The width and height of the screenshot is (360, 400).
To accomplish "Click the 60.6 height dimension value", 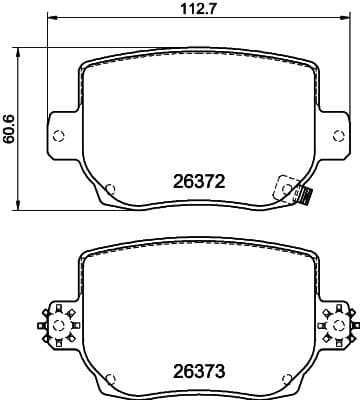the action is (x=9, y=129).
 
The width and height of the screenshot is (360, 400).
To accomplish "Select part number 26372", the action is (x=199, y=182).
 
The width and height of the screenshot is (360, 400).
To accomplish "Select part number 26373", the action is (x=199, y=371).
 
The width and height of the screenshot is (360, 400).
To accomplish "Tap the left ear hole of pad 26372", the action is (x=59, y=136).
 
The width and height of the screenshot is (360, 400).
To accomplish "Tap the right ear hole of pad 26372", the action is (x=339, y=136).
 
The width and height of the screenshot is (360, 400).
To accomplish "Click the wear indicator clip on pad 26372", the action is (x=293, y=191).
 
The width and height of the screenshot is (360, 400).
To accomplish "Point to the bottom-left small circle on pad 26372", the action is (x=110, y=189).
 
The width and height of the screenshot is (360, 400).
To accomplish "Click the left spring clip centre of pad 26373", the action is (x=59, y=325).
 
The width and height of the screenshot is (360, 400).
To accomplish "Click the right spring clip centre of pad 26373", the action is (x=339, y=325).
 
